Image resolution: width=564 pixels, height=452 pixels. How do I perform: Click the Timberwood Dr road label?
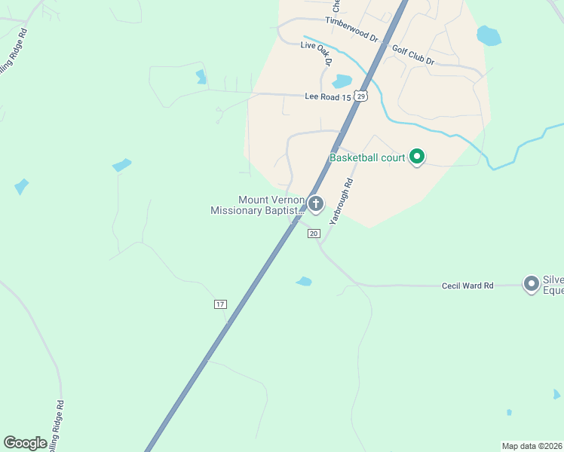351,29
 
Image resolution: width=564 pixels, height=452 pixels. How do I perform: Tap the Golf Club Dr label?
413,55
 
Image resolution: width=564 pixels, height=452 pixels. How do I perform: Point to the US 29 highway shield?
362,96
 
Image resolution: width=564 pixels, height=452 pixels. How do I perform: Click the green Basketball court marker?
417,157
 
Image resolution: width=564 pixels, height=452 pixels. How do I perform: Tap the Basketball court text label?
367,158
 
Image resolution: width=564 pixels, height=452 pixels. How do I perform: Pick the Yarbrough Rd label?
341,200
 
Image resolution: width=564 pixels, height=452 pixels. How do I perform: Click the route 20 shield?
314,234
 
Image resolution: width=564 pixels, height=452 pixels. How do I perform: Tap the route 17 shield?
219,304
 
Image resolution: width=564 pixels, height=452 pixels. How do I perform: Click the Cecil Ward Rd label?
467,286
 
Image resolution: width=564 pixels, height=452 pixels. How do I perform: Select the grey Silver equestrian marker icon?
532,283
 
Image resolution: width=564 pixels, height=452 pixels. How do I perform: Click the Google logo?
25,443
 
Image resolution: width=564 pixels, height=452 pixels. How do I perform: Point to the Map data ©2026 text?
532,446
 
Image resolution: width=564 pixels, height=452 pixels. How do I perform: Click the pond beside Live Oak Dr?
342,81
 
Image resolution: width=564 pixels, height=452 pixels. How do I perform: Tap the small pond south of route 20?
304,282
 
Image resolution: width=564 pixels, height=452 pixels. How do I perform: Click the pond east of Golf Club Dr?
489,35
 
